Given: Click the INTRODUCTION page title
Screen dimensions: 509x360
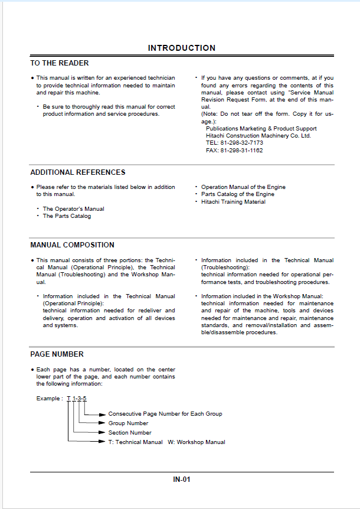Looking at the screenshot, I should coord(181,48).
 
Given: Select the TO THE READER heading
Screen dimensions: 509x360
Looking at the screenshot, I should coord(60,63).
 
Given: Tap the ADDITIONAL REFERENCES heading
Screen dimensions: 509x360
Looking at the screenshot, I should coord(78,172).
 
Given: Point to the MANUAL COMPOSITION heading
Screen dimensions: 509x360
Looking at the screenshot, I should coord(73,245).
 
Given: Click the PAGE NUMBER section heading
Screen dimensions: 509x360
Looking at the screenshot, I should coord(57,354).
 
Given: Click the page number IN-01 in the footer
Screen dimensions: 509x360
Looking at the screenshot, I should coord(182,479).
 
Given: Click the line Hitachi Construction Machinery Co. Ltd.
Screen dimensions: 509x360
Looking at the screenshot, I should coord(258,136).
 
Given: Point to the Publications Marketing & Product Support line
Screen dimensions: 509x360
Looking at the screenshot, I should coord(261,129).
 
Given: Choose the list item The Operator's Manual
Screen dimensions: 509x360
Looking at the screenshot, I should coord(74,209).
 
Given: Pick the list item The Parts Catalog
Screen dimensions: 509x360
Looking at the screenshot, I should coord(67,216).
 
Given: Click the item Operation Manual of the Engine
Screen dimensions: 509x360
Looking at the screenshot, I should coord(243,187).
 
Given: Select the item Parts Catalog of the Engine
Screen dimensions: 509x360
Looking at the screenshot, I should coord(238,194).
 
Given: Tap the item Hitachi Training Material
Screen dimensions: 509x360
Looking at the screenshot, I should coord(233,202).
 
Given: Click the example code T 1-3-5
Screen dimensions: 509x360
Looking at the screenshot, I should coord(77,399).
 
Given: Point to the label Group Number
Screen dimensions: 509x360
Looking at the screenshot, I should coord(128,423).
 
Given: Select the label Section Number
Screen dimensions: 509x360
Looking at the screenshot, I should coord(130,433).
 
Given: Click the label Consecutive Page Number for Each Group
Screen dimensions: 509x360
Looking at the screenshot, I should coord(165,414).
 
